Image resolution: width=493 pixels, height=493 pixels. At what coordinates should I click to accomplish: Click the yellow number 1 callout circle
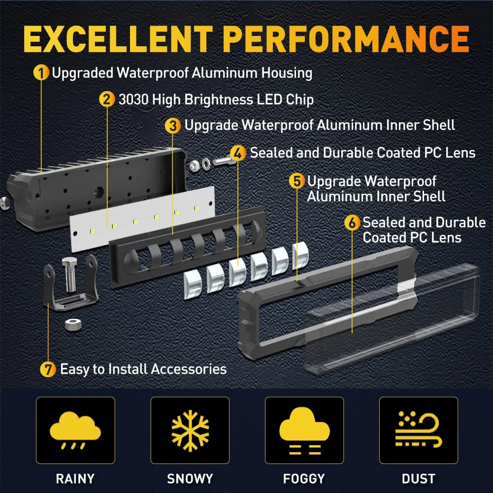[41, 72]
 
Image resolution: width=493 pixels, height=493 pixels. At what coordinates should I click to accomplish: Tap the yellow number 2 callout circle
[107, 99]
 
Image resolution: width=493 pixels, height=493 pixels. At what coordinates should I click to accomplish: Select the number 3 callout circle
[173, 126]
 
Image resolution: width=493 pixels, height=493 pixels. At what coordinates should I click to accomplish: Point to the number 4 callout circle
[238, 153]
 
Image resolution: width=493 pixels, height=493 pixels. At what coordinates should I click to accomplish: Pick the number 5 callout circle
[297, 181]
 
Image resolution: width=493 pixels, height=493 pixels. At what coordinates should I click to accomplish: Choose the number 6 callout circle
[352, 222]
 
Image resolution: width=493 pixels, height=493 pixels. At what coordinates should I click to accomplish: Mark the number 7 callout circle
[48, 369]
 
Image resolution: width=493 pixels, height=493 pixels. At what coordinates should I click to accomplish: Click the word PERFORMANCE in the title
[347, 39]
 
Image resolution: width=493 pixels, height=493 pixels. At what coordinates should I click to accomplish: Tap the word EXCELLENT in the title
[118, 39]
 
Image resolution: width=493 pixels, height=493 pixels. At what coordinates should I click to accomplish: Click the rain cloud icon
[75, 429]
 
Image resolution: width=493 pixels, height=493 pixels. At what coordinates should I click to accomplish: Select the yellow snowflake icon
[190, 430]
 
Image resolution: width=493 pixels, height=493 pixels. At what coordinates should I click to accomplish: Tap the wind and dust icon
[418, 429]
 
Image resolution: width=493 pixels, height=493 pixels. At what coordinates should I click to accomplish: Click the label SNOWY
[190, 479]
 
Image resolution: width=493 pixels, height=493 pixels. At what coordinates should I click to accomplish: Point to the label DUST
[419, 479]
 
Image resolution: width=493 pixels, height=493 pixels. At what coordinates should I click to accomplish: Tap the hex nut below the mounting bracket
[73, 324]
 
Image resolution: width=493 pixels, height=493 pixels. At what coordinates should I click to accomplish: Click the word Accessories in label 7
[189, 369]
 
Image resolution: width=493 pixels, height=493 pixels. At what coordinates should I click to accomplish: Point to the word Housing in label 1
[287, 73]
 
